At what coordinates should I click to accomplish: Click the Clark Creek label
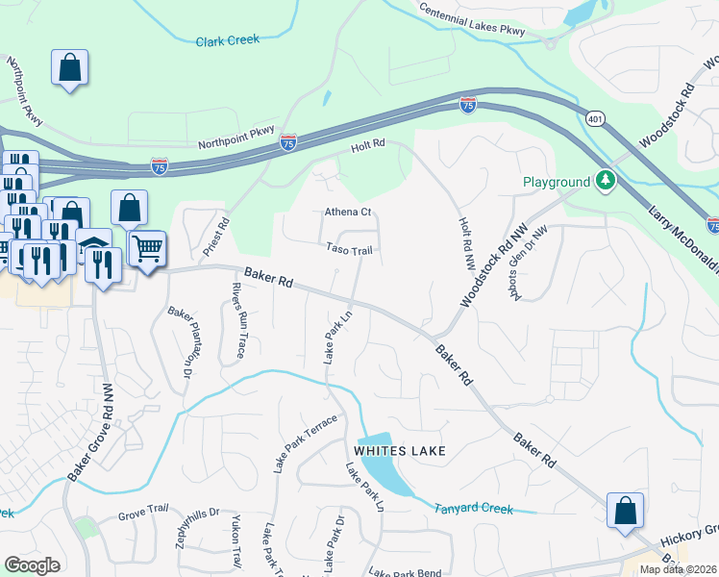pos(228,41)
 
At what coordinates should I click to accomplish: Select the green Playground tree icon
pos(606,181)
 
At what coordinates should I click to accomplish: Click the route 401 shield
pos(596,116)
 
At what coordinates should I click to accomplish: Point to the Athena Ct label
pos(347,212)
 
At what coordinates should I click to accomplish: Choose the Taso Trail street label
pos(348,249)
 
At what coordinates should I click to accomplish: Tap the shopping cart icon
pos(147,250)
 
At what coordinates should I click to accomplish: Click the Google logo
pos(32,564)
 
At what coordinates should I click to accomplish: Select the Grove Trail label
pos(143,515)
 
